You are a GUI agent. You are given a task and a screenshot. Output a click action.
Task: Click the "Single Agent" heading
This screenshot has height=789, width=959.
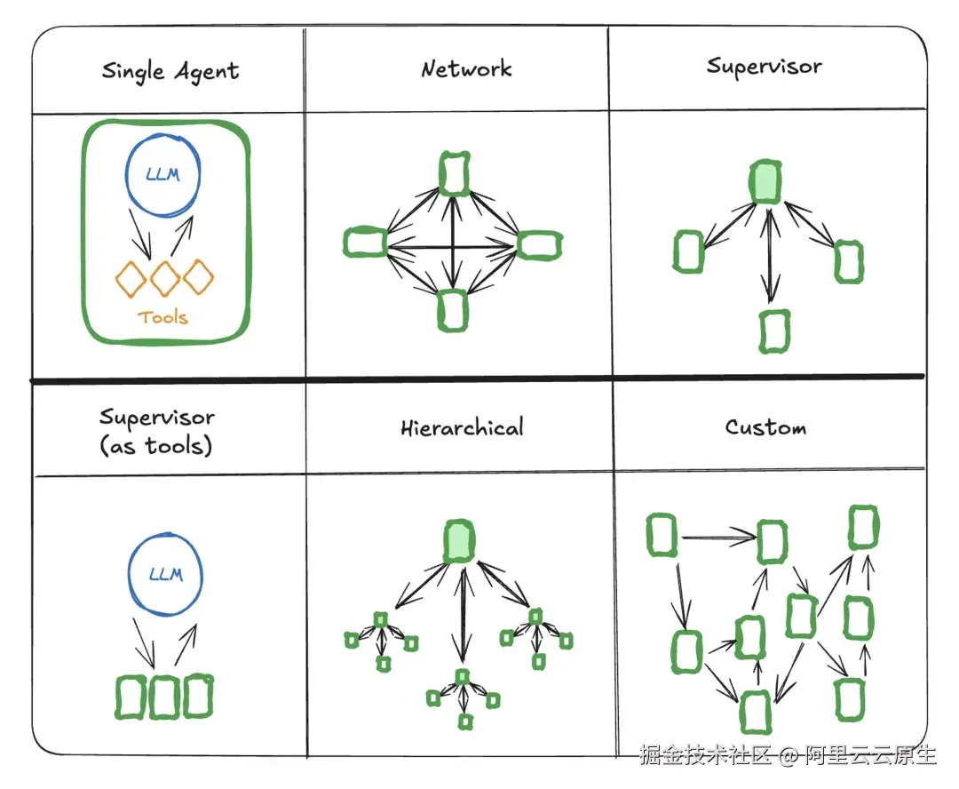pos(170,71)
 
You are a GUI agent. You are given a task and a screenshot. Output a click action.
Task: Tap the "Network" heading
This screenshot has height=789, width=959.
pos(466,69)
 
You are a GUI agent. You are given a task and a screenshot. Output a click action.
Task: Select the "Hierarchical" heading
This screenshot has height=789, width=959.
pos(462,427)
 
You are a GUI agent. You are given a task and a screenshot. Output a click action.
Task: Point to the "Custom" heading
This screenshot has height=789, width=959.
pos(765,427)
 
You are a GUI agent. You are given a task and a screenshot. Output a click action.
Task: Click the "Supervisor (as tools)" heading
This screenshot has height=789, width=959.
pos(156,432)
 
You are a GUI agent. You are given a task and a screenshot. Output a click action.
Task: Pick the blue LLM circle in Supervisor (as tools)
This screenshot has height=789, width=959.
pos(165,574)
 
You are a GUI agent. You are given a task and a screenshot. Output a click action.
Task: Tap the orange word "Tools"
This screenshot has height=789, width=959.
pos(163,316)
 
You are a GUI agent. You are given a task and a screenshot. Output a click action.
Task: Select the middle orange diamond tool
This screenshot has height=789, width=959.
pos(165,278)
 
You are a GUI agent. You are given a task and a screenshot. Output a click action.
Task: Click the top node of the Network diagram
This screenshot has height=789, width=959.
pos(454,173)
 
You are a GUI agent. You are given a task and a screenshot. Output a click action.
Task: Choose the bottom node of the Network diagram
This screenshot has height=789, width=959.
pos(453,310)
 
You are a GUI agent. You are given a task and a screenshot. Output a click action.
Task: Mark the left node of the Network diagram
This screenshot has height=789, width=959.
pos(365,242)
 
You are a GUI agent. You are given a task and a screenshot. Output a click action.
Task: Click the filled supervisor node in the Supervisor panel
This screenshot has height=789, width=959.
pos(765,181)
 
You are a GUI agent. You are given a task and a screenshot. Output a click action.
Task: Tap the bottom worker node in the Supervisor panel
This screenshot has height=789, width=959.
pos(774,331)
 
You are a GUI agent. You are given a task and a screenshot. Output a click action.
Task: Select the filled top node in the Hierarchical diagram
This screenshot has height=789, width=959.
pos(459,540)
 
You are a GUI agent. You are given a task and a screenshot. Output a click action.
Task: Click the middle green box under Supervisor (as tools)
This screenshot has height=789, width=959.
pos(164,697)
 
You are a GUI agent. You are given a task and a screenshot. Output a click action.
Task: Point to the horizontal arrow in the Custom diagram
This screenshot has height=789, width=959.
pos(717,536)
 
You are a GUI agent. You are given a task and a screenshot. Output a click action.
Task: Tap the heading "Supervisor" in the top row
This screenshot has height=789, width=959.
pos(764,68)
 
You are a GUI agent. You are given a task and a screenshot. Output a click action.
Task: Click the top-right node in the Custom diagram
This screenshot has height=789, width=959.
pos(862,527)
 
